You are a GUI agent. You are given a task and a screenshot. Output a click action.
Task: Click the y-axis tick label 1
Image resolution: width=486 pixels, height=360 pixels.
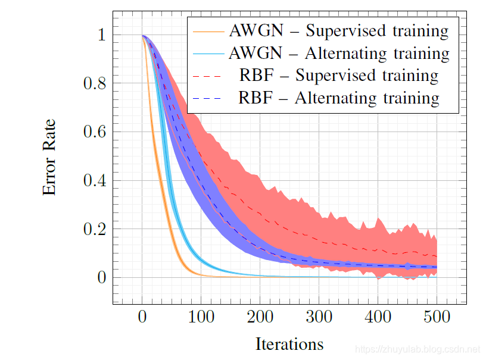click(101, 35)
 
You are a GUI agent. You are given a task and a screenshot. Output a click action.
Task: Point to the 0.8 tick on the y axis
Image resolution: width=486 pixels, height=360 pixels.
click(95, 83)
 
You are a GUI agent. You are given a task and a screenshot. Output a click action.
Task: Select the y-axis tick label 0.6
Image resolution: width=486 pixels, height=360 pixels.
click(95, 132)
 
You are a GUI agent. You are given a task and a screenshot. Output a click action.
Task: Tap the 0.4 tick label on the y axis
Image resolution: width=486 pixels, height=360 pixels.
click(95, 180)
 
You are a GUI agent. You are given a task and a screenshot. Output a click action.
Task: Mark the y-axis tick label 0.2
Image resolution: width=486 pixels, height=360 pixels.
click(95, 229)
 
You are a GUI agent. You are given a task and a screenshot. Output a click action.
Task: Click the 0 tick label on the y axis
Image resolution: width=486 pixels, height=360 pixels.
click(101, 277)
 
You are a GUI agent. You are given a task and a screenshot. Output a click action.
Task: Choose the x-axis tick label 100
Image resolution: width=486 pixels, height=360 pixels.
click(201, 317)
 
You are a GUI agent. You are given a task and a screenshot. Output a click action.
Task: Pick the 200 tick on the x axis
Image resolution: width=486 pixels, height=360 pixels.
click(260, 317)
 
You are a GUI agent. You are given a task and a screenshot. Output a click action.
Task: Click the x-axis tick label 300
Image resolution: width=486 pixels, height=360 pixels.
click(319, 317)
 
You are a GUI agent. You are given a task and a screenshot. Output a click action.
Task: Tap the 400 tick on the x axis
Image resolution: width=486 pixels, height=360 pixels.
click(378, 317)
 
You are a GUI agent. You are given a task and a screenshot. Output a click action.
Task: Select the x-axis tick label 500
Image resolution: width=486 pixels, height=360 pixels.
click(437, 317)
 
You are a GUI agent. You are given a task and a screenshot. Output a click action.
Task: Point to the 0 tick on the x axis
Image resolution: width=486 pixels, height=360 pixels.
click(142, 317)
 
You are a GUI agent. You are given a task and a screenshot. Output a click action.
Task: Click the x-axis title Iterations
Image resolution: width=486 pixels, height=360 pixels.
click(289, 344)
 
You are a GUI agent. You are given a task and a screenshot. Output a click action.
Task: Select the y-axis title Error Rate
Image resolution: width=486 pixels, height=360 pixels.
click(50, 156)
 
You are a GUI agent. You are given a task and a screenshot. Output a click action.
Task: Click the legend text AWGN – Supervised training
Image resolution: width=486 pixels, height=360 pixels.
click(339, 30)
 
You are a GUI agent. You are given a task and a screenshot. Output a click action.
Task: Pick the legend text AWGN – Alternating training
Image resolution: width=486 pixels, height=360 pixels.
click(339, 53)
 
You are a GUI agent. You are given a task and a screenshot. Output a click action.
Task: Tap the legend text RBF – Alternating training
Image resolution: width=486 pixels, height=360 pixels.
click(339, 98)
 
